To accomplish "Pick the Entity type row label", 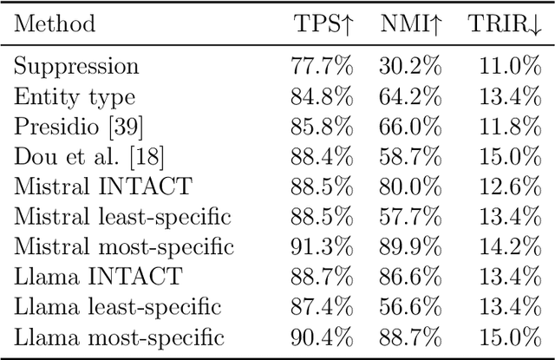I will (x=75, y=97).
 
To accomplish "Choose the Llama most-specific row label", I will (x=119, y=337).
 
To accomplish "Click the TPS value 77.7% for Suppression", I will (x=322, y=67).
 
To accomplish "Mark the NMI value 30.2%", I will (x=410, y=67).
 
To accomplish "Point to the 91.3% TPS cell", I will (x=322, y=247).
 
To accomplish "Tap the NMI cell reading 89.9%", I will (x=410, y=247).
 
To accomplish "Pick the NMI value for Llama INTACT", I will (x=410, y=278).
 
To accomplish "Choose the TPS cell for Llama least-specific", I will (x=322, y=307).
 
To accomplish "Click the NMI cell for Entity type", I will (x=410, y=97).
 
